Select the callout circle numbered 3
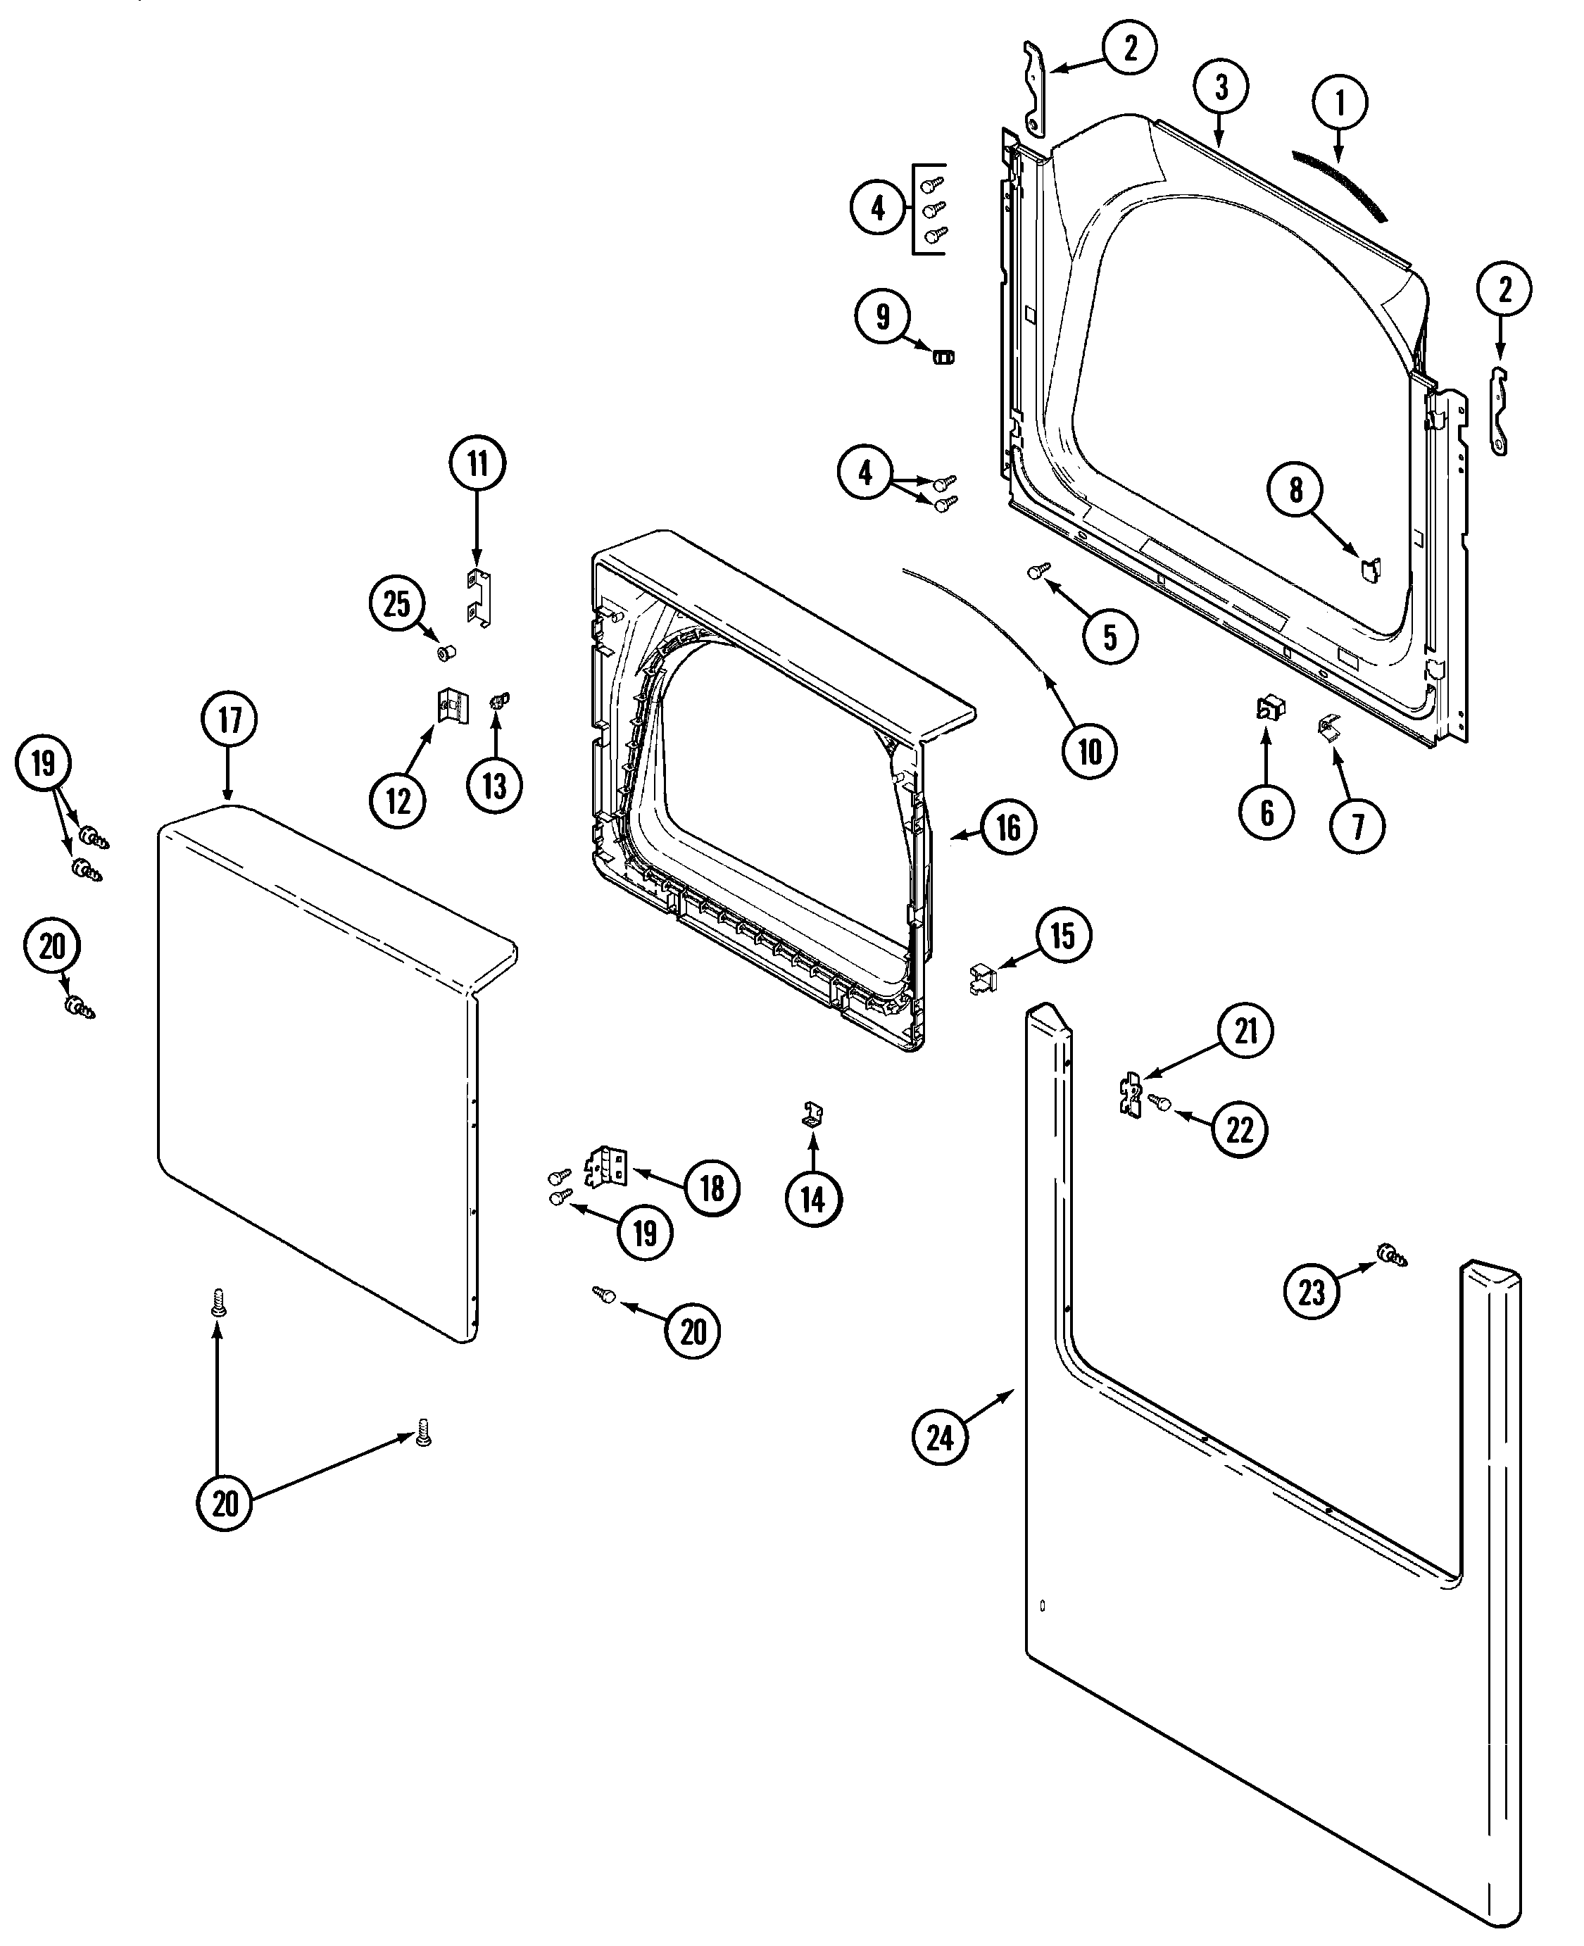(1221, 87)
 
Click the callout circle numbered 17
(229, 720)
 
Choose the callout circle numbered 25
(397, 604)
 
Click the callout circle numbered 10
(1090, 752)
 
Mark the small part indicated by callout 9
(943, 355)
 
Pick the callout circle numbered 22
(1239, 1131)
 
